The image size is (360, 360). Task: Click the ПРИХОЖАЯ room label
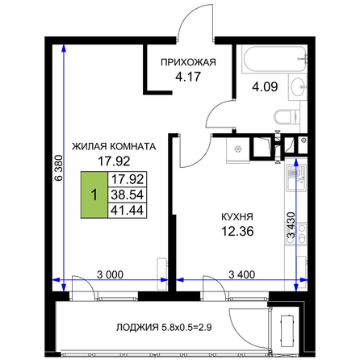(x=188, y=62)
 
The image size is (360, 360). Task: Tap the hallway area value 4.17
(x=188, y=77)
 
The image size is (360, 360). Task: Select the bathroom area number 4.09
(x=265, y=87)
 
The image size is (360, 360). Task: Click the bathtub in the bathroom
(x=274, y=59)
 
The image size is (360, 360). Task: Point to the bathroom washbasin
(x=298, y=87)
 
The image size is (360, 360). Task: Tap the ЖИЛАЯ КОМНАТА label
(x=114, y=147)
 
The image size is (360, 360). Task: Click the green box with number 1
(x=94, y=195)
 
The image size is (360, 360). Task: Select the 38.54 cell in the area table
(x=128, y=195)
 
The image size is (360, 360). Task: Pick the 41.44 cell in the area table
(x=128, y=210)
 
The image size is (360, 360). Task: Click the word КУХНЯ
(x=237, y=217)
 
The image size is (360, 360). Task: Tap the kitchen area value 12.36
(x=237, y=231)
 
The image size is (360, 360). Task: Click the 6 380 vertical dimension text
(x=58, y=167)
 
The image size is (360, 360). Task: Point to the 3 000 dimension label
(x=110, y=274)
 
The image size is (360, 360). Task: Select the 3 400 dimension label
(x=242, y=274)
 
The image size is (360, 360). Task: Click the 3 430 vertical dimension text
(x=291, y=225)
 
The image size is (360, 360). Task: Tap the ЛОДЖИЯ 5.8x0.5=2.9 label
(x=164, y=328)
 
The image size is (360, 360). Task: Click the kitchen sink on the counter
(x=296, y=178)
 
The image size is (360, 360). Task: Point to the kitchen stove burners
(x=296, y=233)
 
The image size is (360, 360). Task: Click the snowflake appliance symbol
(x=237, y=149)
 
